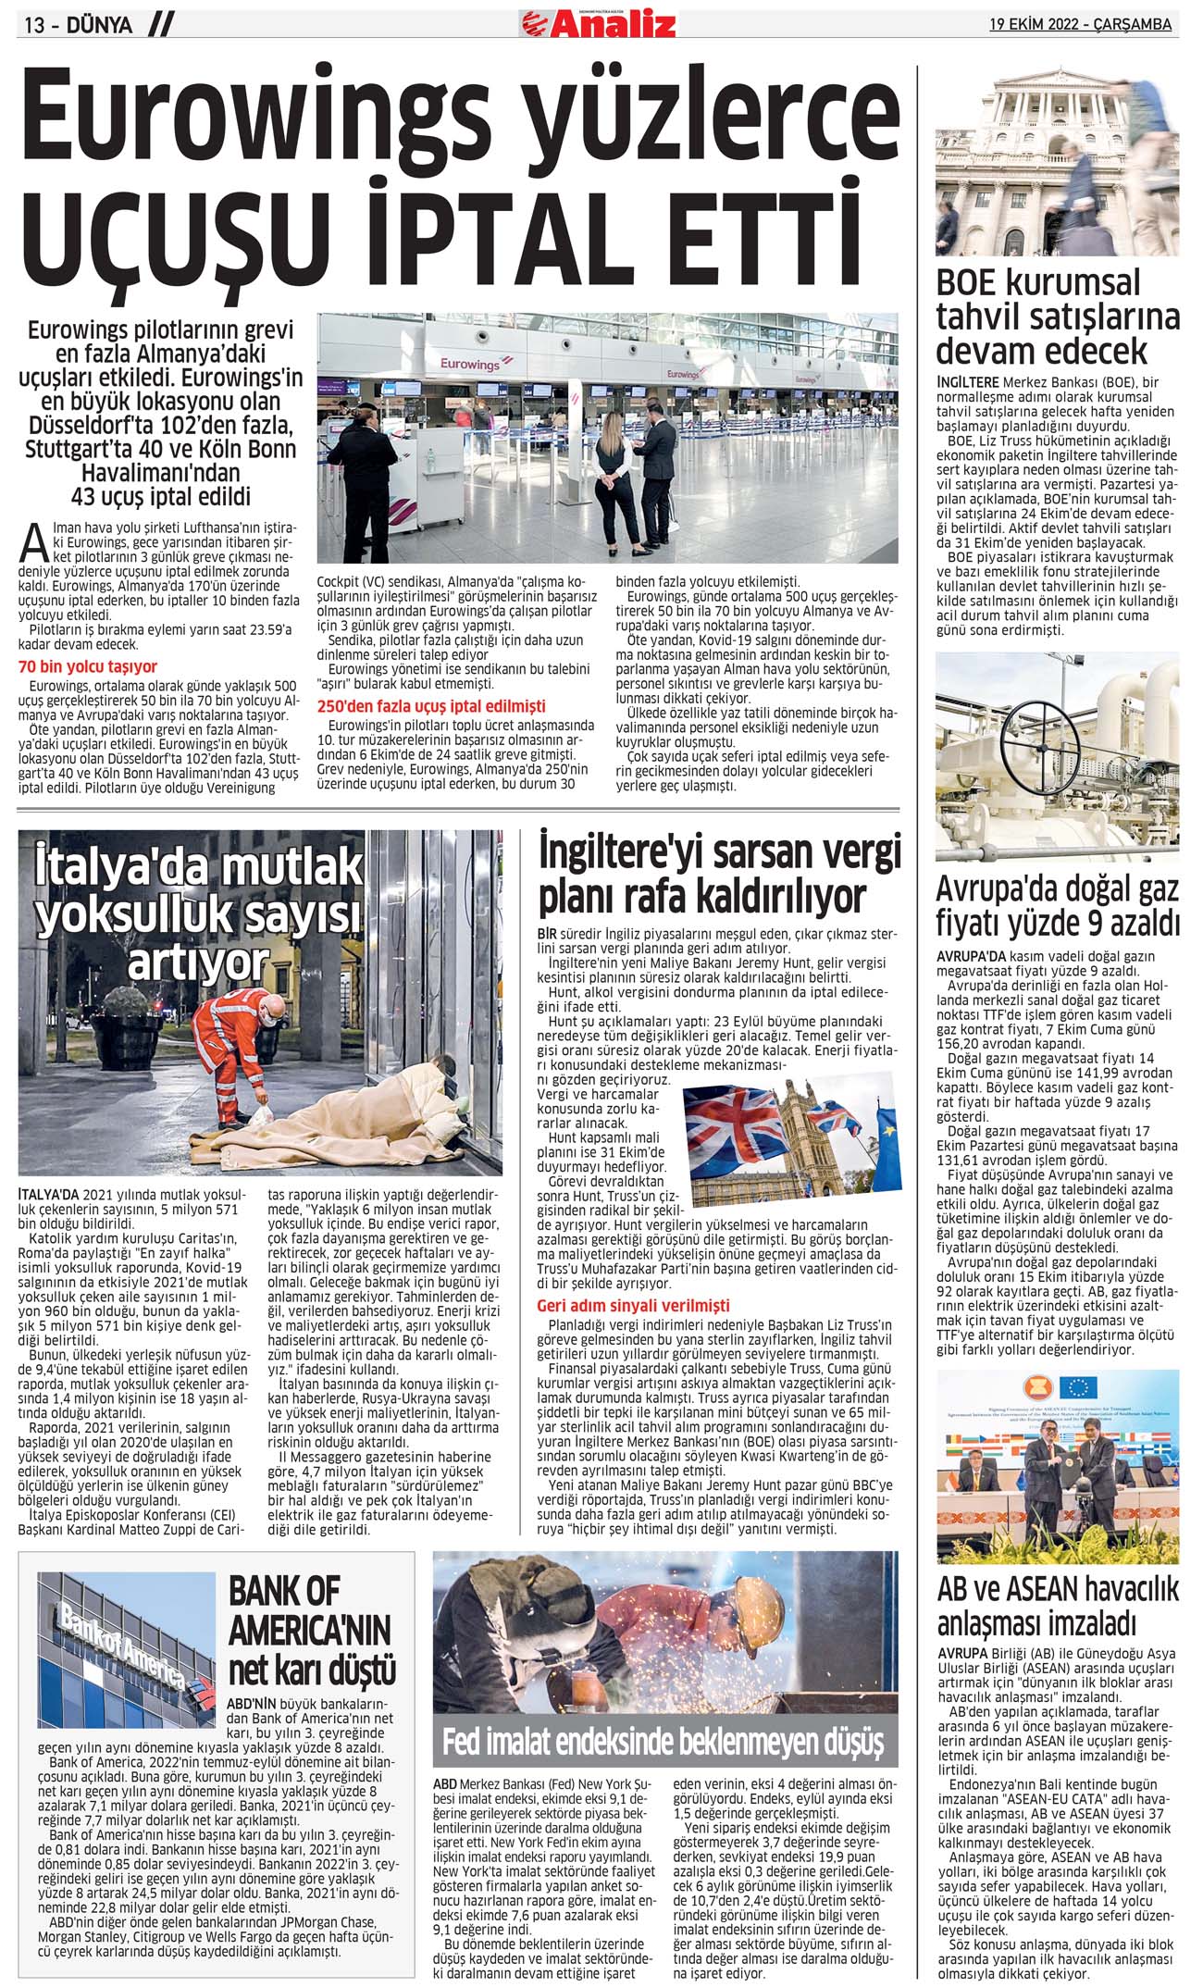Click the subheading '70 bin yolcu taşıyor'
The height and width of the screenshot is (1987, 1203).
coord(88,666)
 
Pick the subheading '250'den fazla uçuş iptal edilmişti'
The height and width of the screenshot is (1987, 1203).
coord(431,706)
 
